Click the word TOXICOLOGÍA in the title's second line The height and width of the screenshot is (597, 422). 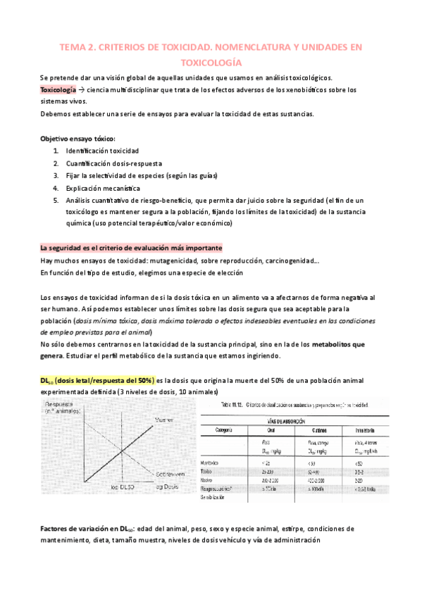tap(211, 61)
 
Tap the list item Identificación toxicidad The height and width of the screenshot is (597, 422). tap(102, 151)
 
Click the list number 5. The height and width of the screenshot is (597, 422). tap(55, 200)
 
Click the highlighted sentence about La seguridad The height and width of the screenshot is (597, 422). tap(131, 248)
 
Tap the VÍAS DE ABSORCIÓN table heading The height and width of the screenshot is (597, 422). tap(311, 417)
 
